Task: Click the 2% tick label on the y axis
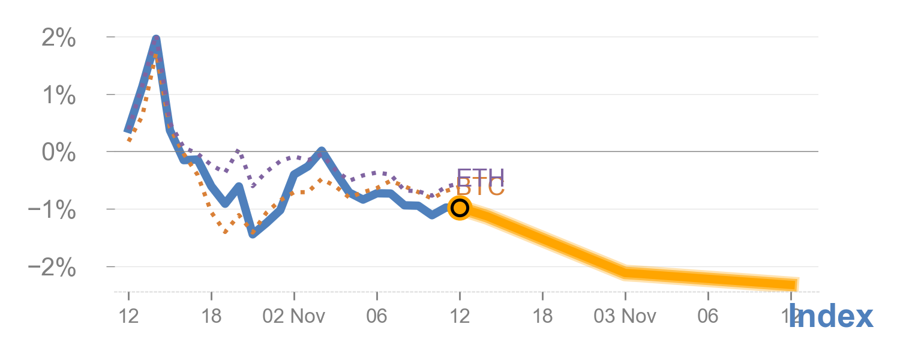click(x=58, y=40)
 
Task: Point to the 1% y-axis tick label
click(x=58, y=97)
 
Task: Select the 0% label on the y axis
click(x=58, y=154)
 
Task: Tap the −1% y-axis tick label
click(x=52, y=211)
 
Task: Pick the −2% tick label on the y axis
click(x=52, y=268)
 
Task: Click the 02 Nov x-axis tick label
click(x=294, y=316)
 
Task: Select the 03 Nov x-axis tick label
click(x=625, y=316)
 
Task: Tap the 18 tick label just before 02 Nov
click(x=211, y=316)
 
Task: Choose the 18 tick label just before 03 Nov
click(x=542, y=316)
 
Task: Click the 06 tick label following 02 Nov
click(x=377, y=316)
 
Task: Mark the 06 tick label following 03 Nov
click(x=708, y=316)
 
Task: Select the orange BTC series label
click(x=481, y=188)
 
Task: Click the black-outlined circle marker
click(x=460, y=208)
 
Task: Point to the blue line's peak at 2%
click(x=156, y=38)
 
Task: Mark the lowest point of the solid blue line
click(x=253, y=234)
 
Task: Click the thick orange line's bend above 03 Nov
click(x=625, y=273)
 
